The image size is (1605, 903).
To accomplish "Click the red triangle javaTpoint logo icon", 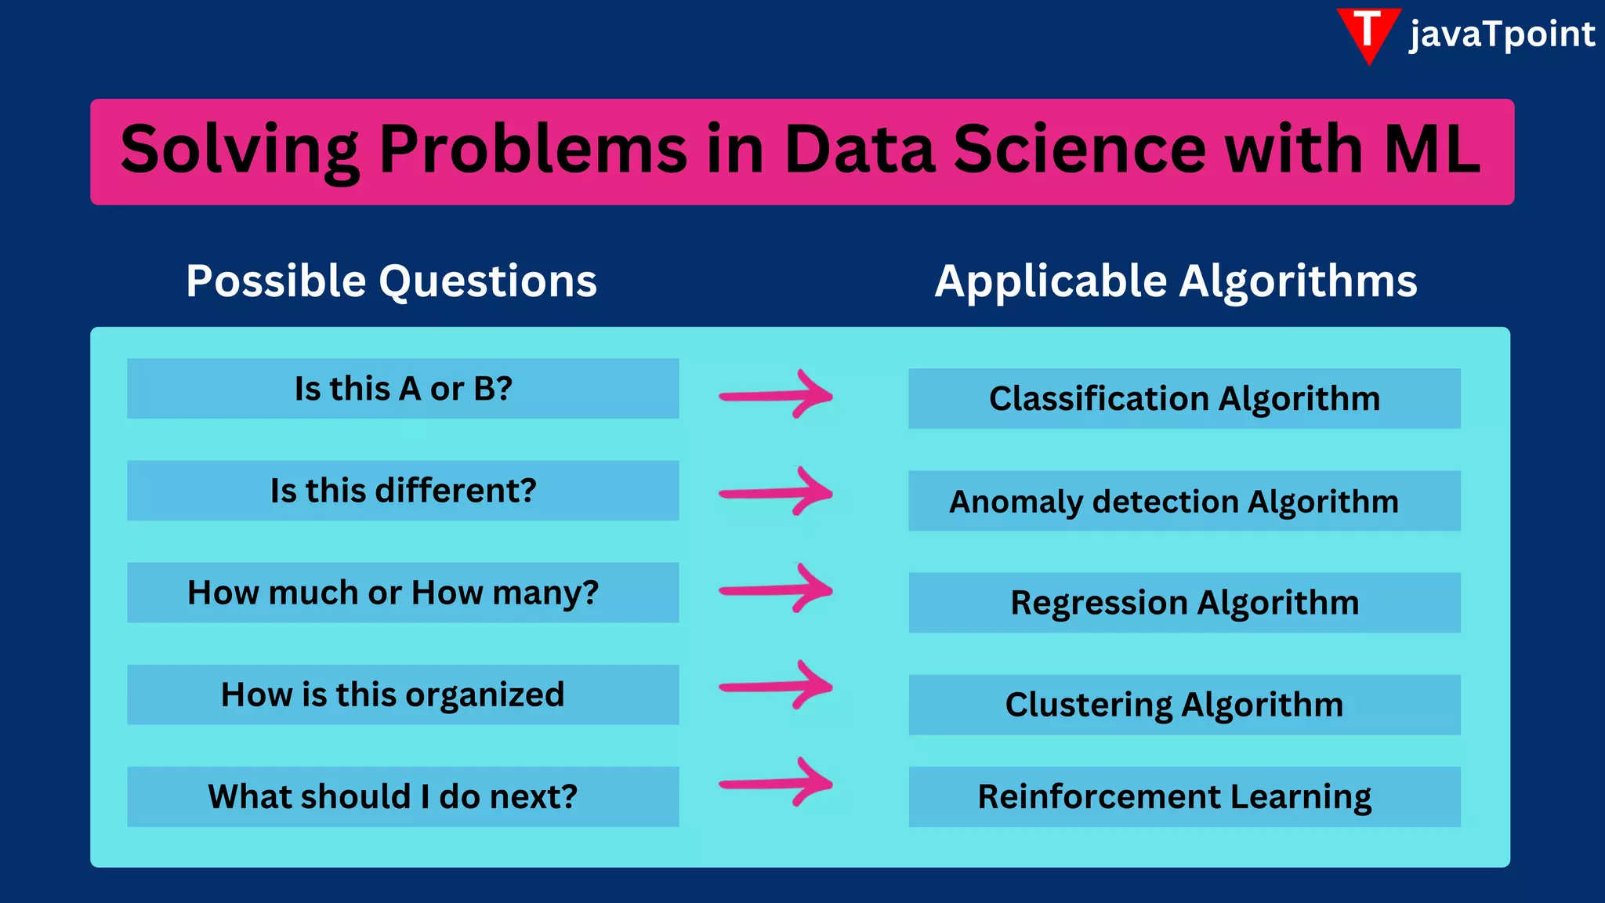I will [1368, 33].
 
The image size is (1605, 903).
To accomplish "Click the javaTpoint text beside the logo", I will [1502, 34].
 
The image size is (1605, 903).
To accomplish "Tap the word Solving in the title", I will [240, 150].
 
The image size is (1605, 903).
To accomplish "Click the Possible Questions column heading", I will [391, 281].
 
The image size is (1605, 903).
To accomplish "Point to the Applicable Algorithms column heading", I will [1176, 281].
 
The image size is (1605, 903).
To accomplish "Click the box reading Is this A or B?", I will [403, 389].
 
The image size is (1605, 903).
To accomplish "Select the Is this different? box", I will [403, 491].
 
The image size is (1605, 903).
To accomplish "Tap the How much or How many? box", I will [403, 593].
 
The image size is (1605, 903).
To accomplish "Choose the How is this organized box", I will [403, 694].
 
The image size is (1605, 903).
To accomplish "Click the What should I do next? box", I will [403, 796].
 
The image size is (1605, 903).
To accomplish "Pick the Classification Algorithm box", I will [1184, 398].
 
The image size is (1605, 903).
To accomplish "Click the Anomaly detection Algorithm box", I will [1184, 501].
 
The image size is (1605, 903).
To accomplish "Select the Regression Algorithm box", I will [1184, 603].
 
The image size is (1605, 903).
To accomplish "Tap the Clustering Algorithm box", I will [1184, 705].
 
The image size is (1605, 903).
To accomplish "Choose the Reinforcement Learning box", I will [1184, 796].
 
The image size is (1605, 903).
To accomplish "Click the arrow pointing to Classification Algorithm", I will [776, 395].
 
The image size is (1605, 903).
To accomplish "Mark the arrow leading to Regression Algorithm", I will [776, 589].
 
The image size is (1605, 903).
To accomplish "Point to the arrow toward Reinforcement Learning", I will [776, 782].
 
